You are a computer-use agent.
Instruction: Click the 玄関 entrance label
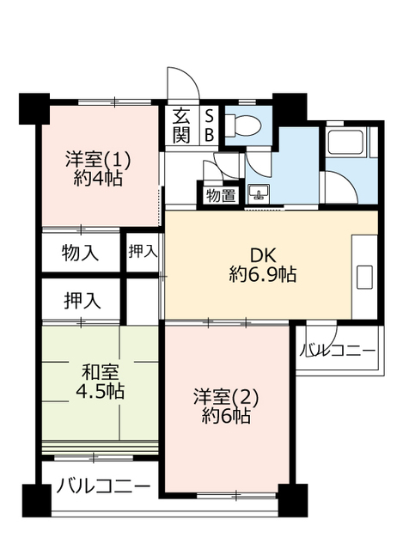pos(181,125)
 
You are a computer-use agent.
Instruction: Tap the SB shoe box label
pos(209,125)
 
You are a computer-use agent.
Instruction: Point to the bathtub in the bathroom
pos(345,141)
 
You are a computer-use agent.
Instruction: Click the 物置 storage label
pos(221,195)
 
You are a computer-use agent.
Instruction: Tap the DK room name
pos(263,256)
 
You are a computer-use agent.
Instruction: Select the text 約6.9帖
pos(263,274)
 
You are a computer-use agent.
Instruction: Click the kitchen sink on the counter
pos(364,277)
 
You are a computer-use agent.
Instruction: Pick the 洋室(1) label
pos(98,160)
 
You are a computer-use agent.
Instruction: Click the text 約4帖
pos(98,178)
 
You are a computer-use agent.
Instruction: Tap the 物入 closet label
pos(80,253)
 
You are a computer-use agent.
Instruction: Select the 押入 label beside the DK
pos(143,251)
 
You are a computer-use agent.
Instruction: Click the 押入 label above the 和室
pos(82,301)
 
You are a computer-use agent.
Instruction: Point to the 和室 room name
pos(100,372)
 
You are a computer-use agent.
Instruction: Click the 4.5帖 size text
pos(100,390)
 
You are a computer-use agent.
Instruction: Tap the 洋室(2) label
pos(226,397)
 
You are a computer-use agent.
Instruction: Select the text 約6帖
pos(226,416)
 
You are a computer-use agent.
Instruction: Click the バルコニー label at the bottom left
pos(103,486)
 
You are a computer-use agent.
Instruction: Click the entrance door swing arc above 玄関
pos(191,79)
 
